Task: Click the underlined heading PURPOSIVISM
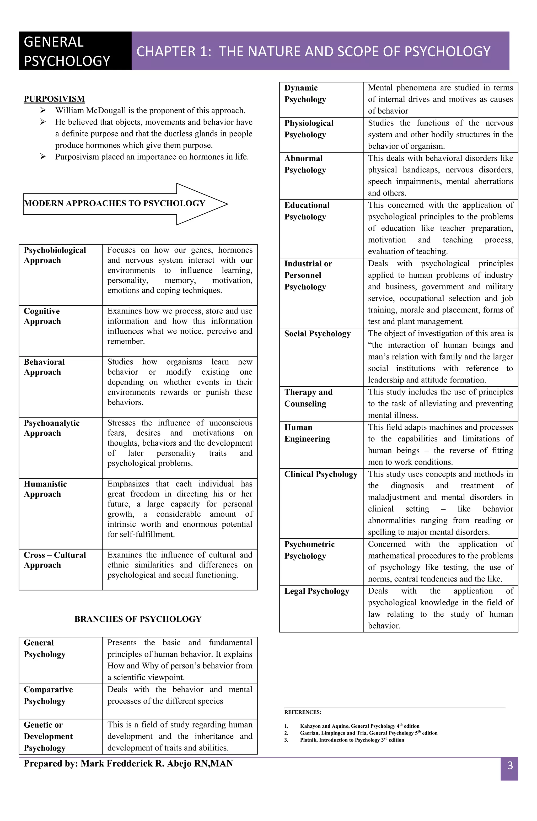click(54, 99)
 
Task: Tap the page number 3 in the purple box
click(510, 765)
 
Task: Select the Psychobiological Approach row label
click(55, 255)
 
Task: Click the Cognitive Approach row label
click(42, 316)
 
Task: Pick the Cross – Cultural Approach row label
click(55, 560)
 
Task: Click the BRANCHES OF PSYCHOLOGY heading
click(138, 619)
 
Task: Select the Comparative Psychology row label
click(48, 695)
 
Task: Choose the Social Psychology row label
click(317, 334)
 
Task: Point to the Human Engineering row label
click(307, 433)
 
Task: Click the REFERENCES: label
click(302, 712)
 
